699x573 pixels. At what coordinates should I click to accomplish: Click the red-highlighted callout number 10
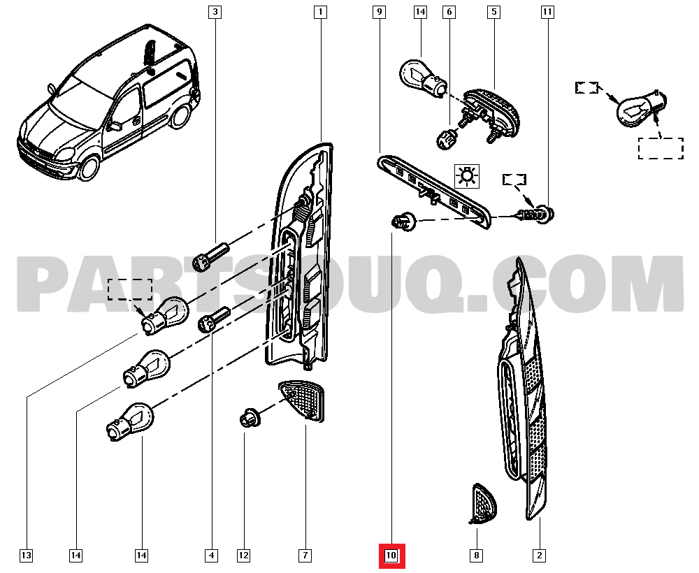click(x=391, y=556)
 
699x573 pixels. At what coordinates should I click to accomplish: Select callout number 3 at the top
click(x=215, y=12)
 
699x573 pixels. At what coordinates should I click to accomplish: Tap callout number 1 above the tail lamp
click(x=320, y=12)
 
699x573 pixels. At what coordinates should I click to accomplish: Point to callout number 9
click(x=379, y=12)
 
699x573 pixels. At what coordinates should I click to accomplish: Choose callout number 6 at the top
click(x=449, y=12)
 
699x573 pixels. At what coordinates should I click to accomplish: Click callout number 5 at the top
click(x=493, y=12)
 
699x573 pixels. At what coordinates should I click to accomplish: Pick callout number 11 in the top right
click(x=547, y=12)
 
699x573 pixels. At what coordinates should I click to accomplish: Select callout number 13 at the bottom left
click(x=26, y=556)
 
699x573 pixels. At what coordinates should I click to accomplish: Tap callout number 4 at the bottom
click(x=210, y=556)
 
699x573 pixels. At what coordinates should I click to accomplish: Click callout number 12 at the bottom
click(x=243, y=556)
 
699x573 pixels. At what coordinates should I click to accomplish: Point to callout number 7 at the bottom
click(x=305, y=556)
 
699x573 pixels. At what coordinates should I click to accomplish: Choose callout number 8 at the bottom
click(x=476, y=556)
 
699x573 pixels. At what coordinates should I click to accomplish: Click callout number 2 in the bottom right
click(x=539, y=556)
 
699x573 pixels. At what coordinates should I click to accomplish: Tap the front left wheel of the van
click(x=89, y=168)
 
